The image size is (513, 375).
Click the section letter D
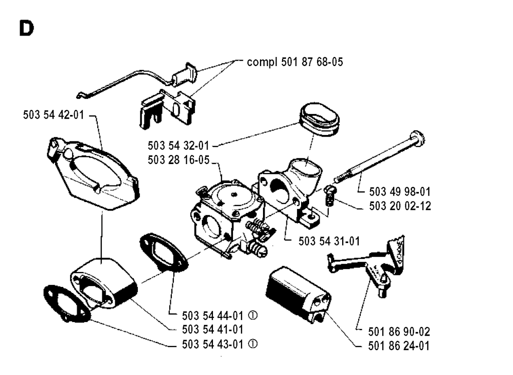26,29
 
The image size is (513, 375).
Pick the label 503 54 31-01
329,241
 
